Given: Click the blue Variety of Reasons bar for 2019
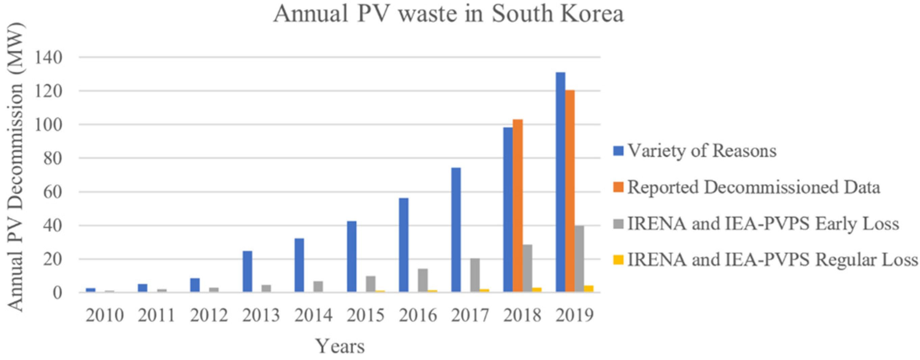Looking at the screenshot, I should point(560,182).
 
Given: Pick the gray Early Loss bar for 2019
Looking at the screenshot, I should point(579,259).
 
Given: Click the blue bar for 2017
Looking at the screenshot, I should point(456,230).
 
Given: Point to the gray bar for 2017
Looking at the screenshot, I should point(475,275).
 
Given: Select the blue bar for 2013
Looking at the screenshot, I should point(247,272).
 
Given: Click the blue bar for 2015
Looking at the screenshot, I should point(352,257).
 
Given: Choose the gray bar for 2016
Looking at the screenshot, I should point(423,281).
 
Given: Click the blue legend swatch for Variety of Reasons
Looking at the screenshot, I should point(618,151).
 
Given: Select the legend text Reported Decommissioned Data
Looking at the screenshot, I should point(754,187).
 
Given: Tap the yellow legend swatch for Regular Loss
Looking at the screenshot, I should point(618,260).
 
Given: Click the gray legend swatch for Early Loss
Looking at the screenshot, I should point(618,224).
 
